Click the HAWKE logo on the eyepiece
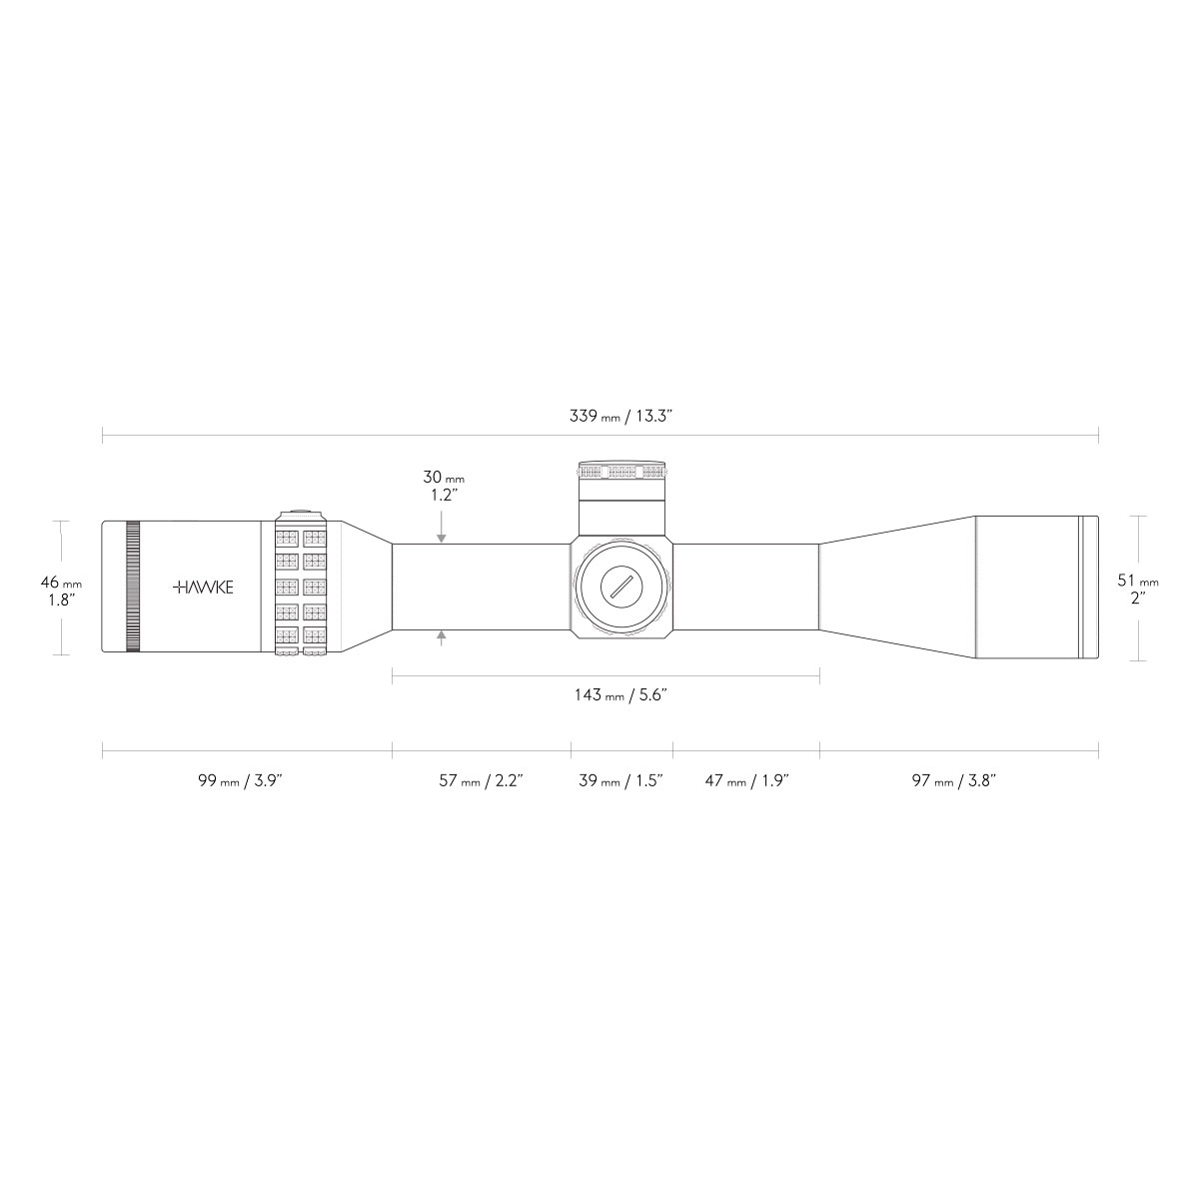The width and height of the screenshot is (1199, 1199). point(203,587)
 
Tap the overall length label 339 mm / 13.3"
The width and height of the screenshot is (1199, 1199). point(620,417)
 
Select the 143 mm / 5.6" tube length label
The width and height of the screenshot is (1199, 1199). point(620,694)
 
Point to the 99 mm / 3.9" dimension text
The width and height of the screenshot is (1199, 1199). point(240,780)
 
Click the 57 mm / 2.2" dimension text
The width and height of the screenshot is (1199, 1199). point(481,780)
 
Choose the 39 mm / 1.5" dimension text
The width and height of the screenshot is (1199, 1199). point(620,780)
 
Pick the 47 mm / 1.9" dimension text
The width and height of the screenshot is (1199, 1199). point(746,780)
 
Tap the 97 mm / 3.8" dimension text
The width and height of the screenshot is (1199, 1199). point(954,780)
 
